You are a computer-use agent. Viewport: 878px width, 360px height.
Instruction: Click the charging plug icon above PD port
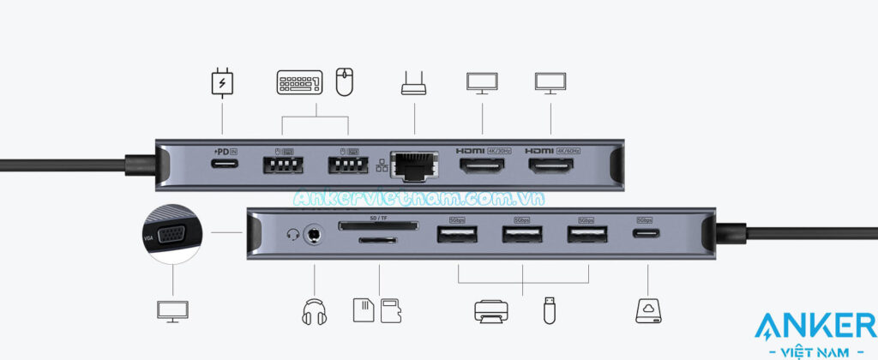(222, 83)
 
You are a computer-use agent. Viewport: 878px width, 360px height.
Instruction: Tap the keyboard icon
(299, 82)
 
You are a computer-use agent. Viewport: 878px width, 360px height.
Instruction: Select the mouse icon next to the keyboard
(344, 82)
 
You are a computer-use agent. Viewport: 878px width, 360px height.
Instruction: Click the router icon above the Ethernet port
(413, 84)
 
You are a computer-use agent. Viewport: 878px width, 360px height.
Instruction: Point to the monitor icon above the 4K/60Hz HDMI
(549, 83)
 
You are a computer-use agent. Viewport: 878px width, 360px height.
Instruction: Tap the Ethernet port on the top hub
(412, 163)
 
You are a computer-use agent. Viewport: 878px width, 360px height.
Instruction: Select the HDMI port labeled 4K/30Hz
(481, 164)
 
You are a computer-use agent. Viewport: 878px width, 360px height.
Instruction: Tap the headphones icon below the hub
(315, 310)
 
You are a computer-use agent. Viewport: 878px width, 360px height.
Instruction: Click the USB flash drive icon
(549, 309)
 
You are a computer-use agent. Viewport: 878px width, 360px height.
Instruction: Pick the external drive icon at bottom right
(647, 310)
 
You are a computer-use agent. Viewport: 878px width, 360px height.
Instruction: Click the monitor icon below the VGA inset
(172, 310)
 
